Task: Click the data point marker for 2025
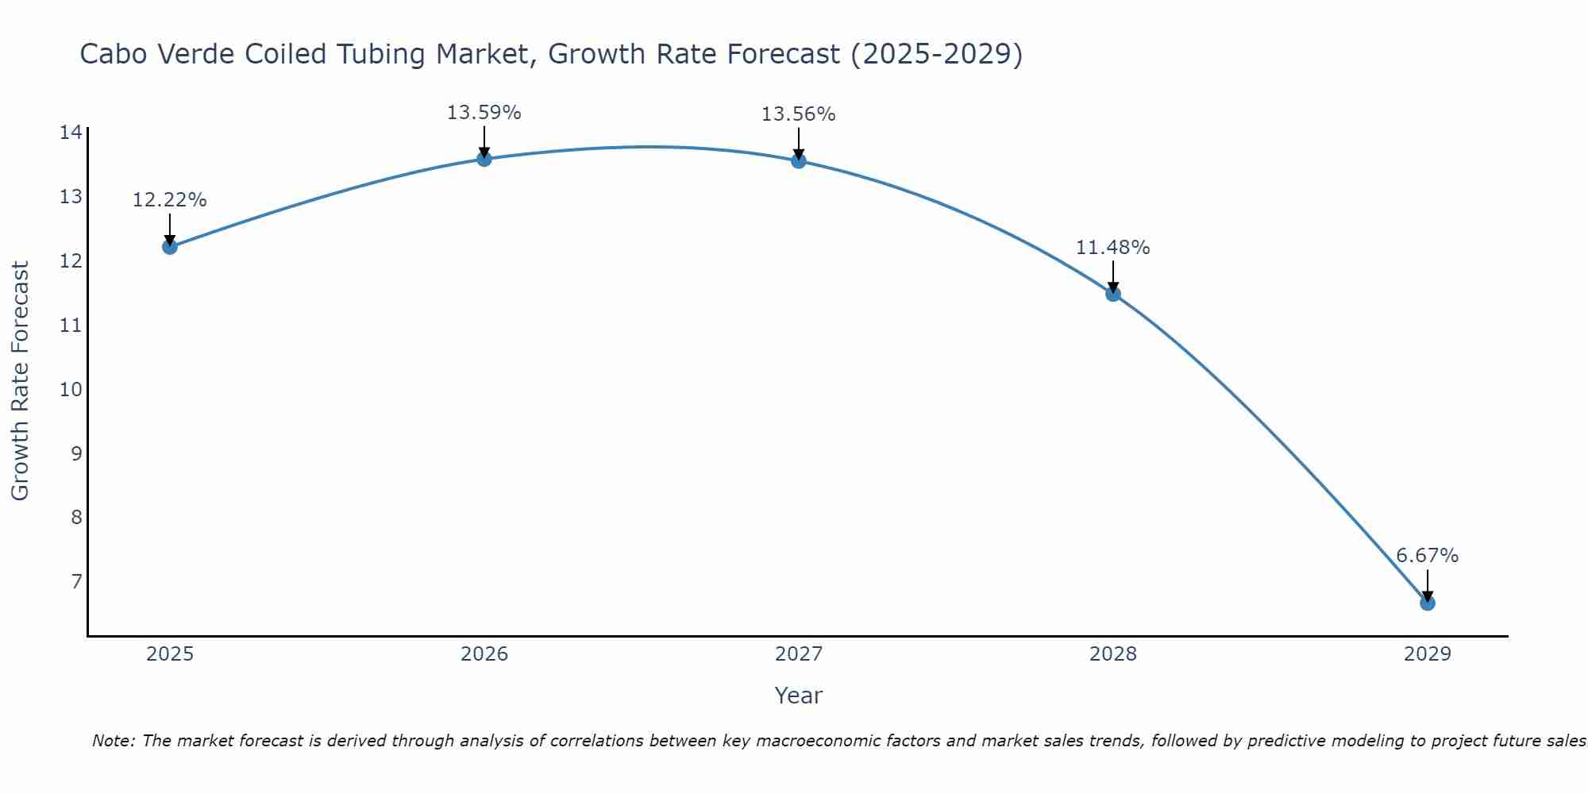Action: (169, 247)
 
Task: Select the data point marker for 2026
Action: (484, 159)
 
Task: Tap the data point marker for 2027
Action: (799, 161)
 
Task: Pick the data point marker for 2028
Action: (1113, 294)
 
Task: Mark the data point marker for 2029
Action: (1428, 603)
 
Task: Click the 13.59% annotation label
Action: (484, 113)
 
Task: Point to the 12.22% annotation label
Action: (169, 200)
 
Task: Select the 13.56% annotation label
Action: (798, 114)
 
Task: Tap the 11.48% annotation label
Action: (1112, 248)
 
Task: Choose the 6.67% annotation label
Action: (1427, 556)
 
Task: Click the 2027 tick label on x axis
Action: (799, 654)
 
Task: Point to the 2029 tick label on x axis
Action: (1428, 654)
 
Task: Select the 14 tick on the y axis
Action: (71, 133)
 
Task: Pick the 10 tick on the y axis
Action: (71, 389)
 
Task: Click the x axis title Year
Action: (798, 696)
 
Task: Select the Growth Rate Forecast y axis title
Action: (20, 381)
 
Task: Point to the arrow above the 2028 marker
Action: (1113, 277)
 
